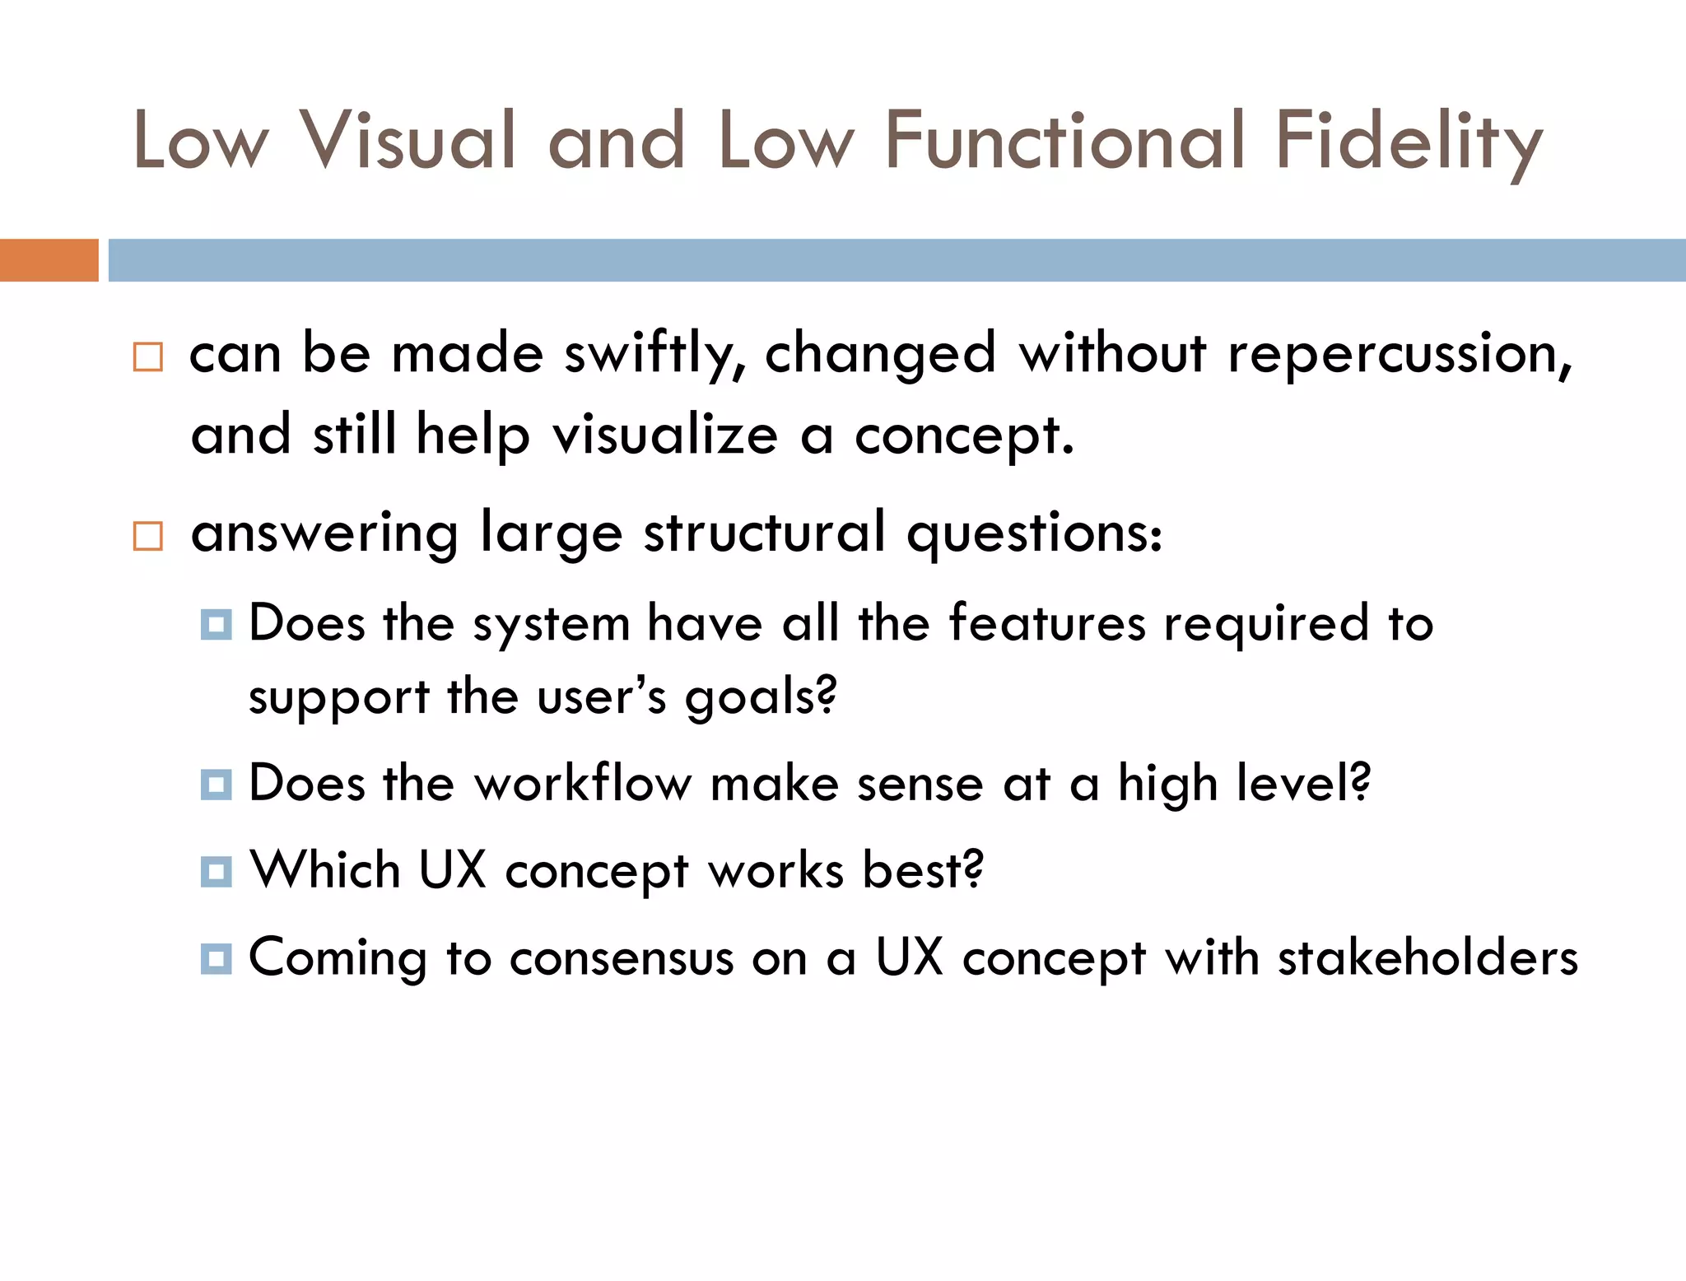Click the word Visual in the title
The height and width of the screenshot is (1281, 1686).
pyautogui.click(x=408, y=141)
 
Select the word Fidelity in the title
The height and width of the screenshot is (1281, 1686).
pyautogui.click(x=1409, y=142)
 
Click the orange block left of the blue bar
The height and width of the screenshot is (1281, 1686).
pyautogui.click(x=49, y=260)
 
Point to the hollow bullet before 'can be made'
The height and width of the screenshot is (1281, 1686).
pyautogui.click(x=148, y=357)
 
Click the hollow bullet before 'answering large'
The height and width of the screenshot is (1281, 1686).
pyautogui.click(x=148, y=536)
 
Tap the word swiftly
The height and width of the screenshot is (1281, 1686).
pyautogui.click(x=654, y=355)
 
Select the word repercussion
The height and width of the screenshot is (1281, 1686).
pyautogui.click(x=1400, y=355)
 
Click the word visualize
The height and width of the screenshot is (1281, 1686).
pyautogui.click(x=665, y=436)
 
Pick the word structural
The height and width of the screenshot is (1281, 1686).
pyautogui.click(x=765, y=533)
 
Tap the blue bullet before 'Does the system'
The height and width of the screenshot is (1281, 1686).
pyautogui.click(x=216, y=624)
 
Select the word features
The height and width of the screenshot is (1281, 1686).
pyautogui.click(x=1046, y=623)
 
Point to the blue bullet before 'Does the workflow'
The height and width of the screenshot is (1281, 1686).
pyautogui.click(x=216, y=784)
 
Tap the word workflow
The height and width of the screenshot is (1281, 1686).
pyautogui.click(x=583, y=783)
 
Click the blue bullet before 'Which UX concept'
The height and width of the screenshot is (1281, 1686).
pyautogui.click(x=216, y=871)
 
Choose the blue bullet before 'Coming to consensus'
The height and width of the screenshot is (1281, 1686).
pyautogui.click(x=216, y=958)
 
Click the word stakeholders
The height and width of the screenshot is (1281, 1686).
pyautogui.click(x=1428, y=958)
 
